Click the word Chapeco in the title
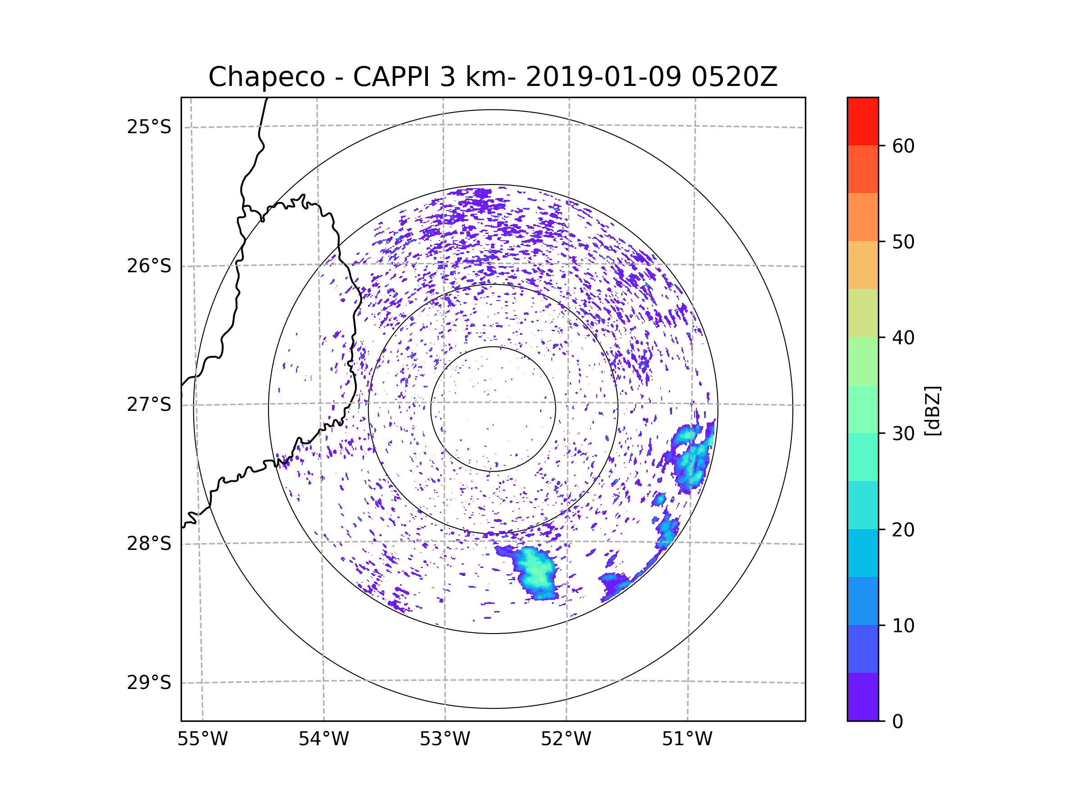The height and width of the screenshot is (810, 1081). coord(266,77)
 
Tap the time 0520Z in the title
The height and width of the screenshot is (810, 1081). coord(734,77)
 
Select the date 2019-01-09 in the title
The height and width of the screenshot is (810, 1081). coord(603,77)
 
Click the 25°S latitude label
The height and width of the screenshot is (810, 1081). coord(149,127)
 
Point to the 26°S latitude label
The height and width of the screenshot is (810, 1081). coord(149,266)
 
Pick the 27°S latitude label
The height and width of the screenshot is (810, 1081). coord(149,405)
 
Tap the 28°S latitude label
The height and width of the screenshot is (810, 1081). coord(149,544)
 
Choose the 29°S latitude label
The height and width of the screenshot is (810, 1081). coord(149,683)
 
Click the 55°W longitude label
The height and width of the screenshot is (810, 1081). coord(202,739)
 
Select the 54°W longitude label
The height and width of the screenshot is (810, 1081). coord(323,739)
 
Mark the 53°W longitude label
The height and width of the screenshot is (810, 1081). coord(445,739)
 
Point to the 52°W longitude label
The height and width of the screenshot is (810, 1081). coord(566,739)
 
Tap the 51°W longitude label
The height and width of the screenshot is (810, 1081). coord(687,739)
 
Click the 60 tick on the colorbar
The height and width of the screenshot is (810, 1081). coord(903,146)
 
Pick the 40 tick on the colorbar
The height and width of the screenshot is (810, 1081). coord(903,338)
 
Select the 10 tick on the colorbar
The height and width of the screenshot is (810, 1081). coord(903,626)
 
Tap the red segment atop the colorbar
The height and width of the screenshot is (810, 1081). coord(863,121)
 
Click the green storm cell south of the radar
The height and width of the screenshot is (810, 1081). coord(536,571)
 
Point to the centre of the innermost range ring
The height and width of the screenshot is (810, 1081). coord(493,409)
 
